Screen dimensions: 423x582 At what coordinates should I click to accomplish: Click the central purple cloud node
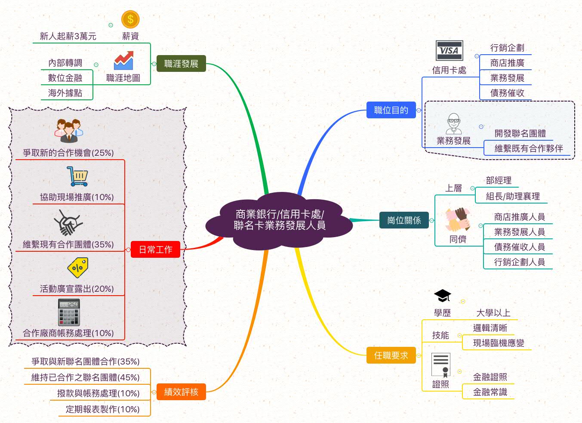click(x=279, y=220)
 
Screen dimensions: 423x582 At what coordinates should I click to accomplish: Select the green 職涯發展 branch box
click(x=181, y=64)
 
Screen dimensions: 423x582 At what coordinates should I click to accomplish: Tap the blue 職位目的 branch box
click(x=391, y=110)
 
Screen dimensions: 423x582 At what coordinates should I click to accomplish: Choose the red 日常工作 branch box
click(x=155, y=250)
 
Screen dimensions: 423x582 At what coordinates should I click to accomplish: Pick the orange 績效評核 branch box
click(x=181, y=392)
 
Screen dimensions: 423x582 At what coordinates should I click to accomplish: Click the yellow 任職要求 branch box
click(x=391, y=355)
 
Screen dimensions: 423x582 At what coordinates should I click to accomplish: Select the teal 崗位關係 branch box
click(x=404, y=220)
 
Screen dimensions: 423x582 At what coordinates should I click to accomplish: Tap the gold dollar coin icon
click(x=130, y=19)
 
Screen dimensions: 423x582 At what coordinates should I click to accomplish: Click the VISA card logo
click(x=449, y=51)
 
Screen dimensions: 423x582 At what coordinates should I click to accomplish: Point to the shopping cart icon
click(x=78, y=176)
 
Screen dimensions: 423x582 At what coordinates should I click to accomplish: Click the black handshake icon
click(x=68, y=222)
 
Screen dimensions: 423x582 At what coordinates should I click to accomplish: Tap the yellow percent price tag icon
click(x=78, y=268)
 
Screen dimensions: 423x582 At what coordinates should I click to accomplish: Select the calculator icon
click(x=69, y=312)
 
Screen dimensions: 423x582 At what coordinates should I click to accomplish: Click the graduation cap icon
click(x=442, y=296)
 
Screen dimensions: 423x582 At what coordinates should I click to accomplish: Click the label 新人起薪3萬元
click(x=68, y=36)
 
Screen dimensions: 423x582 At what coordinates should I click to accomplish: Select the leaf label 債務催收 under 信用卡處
click(x=507, y=93)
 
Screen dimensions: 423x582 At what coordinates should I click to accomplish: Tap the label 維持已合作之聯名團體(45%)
click(x=85, y=377)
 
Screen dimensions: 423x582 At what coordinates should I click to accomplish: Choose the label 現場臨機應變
click(x=499, y=343)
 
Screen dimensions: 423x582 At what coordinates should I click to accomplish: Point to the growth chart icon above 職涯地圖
click(x=123, y=61)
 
